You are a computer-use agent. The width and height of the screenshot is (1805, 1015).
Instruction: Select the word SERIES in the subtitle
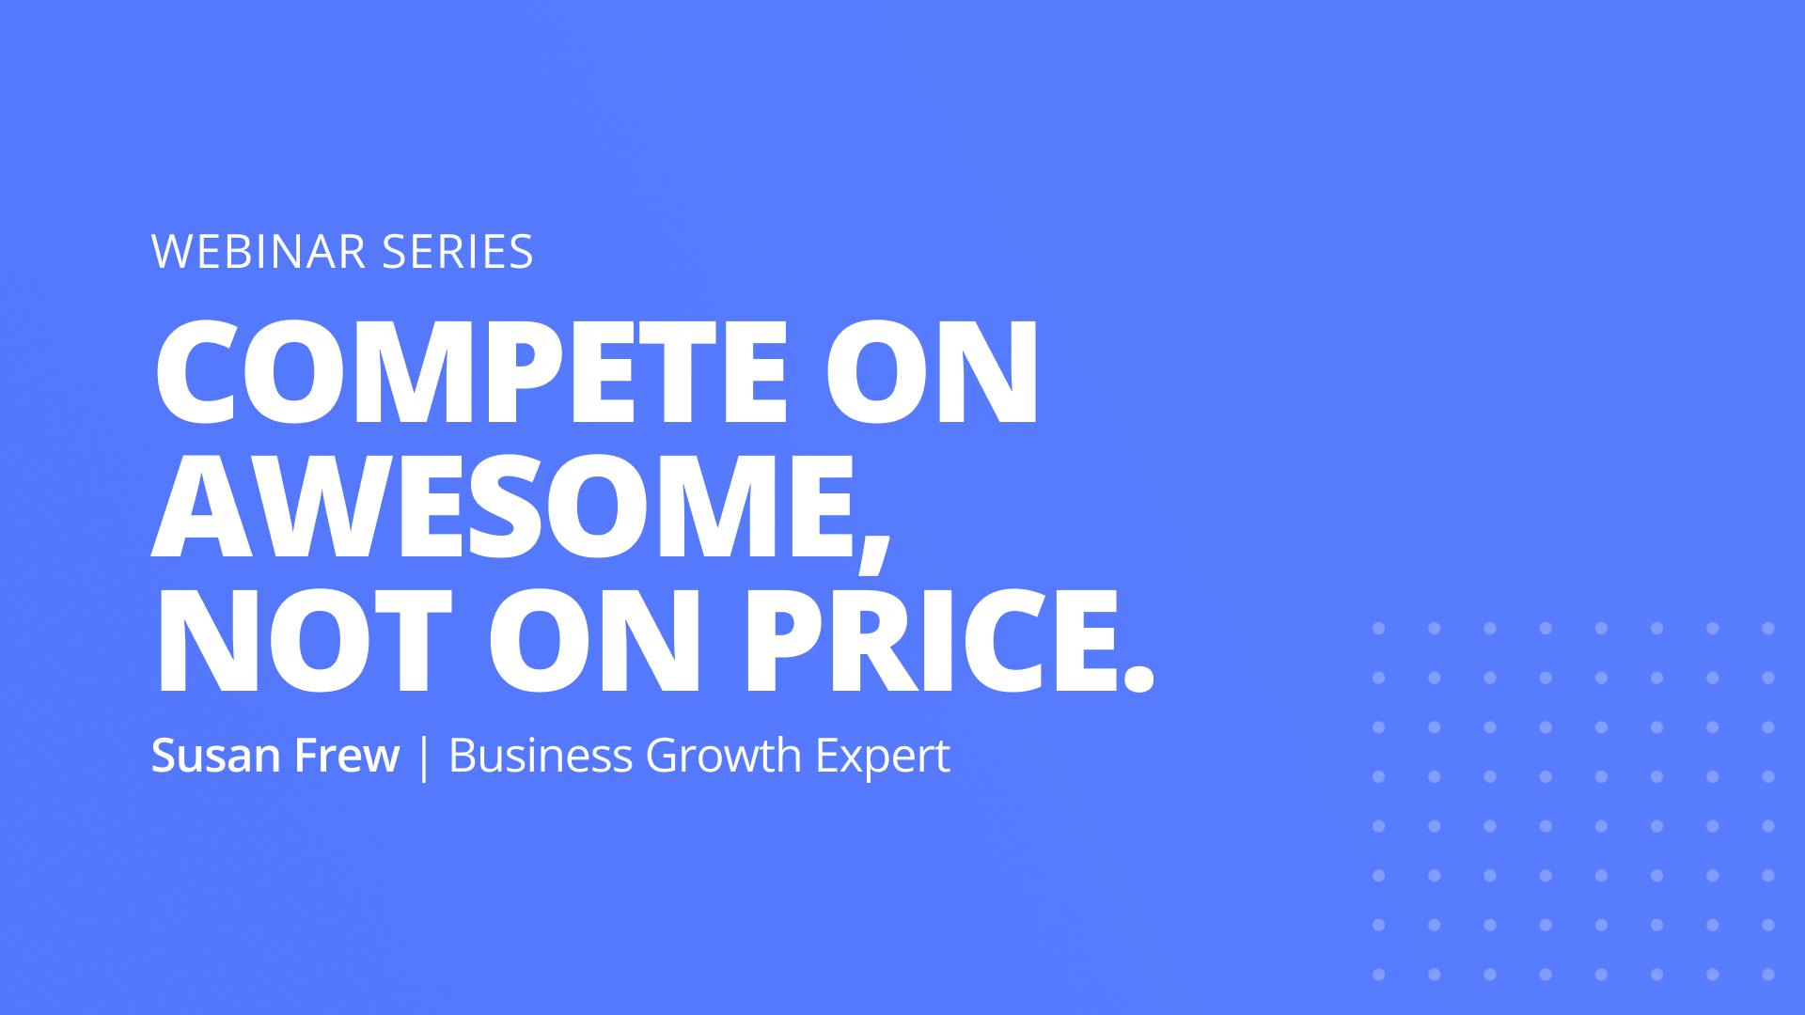coord(458,252)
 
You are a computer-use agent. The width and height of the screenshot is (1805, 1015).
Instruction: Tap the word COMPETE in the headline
coord(471,371)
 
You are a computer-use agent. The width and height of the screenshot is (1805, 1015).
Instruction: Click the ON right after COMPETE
coord(932,371)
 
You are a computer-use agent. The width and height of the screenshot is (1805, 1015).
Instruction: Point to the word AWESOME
coord(503,506)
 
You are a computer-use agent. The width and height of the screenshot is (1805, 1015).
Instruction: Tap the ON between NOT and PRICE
coord(595,641)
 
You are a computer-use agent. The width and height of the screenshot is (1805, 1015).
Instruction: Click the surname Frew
coord(347,756)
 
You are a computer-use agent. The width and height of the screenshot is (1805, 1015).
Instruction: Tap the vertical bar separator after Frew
coord(424,757)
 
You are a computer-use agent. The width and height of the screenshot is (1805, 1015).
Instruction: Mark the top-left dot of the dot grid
coord(1379,629)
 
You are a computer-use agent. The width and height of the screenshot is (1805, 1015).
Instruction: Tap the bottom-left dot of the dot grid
coord(1379,975)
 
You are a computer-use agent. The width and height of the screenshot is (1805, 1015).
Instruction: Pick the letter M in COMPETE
coord(419,371)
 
